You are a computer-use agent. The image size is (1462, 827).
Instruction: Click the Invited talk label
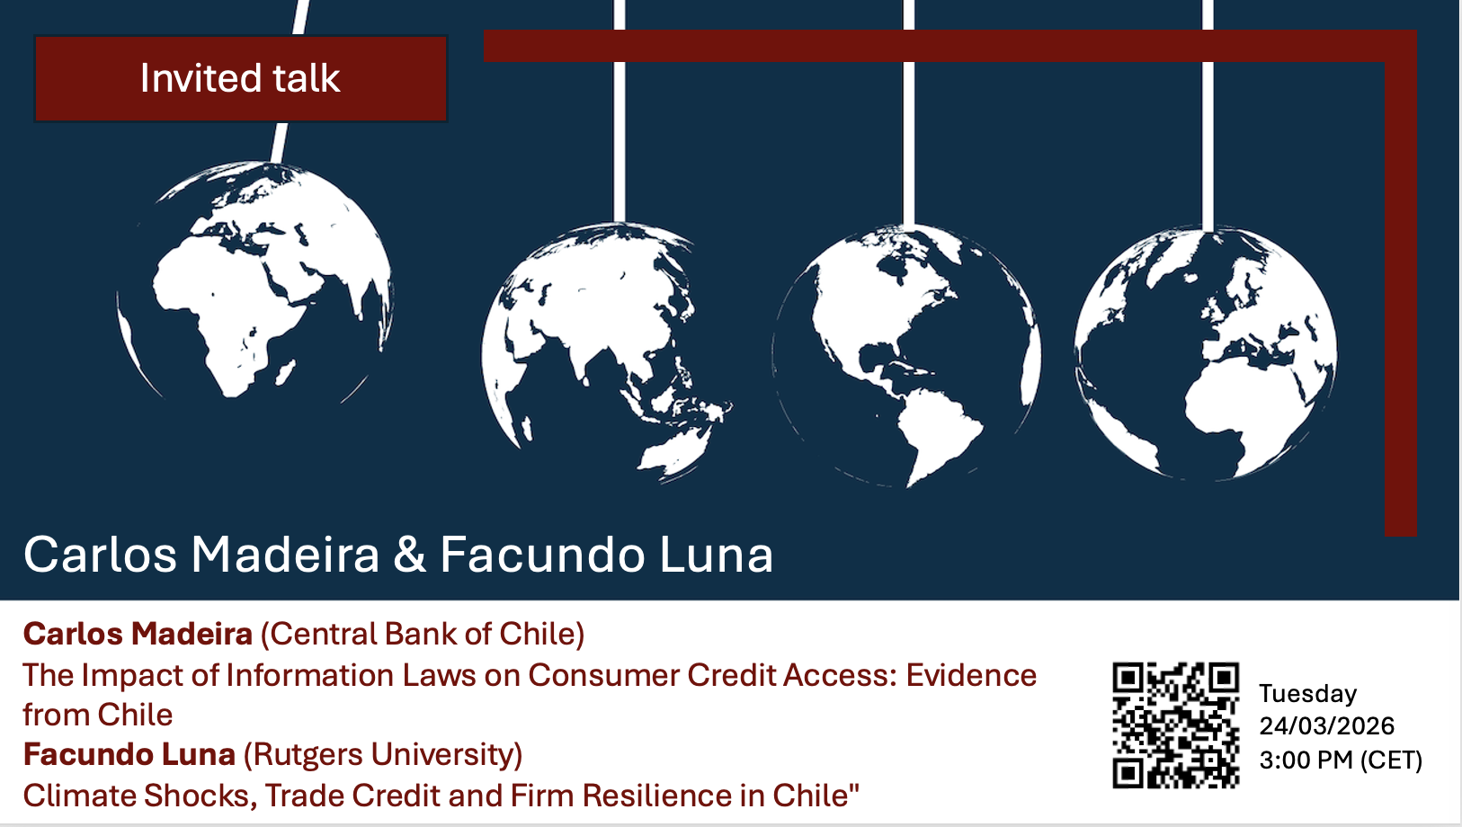coord(240,78)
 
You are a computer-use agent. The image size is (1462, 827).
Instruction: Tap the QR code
coord(1175,725)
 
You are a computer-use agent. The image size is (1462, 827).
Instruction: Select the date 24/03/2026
coord(1326,725)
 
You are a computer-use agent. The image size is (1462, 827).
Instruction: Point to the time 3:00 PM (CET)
coord(1341,760)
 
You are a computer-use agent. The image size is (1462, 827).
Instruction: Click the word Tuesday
coord(1308,693)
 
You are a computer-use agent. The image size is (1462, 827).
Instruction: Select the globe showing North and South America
coord(907,356)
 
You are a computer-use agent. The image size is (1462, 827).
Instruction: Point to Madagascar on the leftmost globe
coord(284,373)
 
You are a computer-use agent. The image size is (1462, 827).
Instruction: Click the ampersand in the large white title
coord(409,555)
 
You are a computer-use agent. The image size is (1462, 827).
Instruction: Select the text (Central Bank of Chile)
coord(423,634)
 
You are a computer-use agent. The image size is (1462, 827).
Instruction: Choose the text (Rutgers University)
coord(383,754)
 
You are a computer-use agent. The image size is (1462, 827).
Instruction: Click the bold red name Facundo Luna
coord(129,754)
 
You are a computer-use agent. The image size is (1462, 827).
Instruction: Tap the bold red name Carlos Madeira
coord(138,634)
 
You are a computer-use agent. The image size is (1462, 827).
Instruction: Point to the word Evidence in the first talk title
coord(971,675)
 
